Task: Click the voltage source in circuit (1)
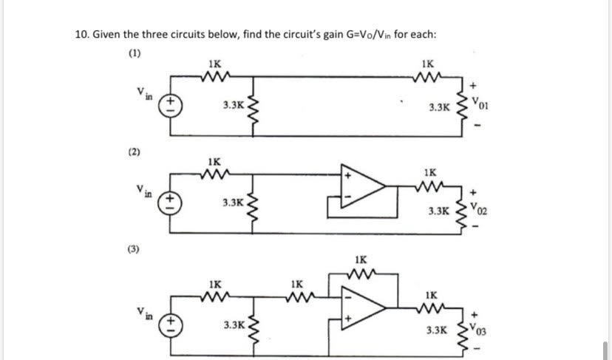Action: tap(170, 103)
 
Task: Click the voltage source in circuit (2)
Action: tap(170, 201)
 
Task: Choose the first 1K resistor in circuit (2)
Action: tap(214, 174)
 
